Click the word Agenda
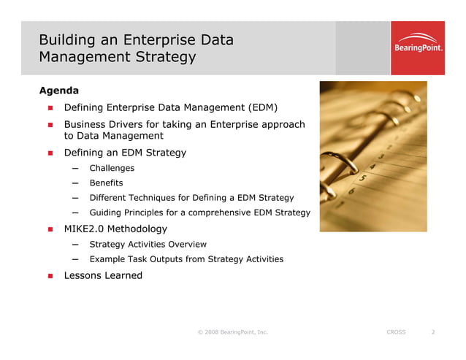pos(58,91)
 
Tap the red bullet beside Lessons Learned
pos(51,276)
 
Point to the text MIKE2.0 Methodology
pos(115,229)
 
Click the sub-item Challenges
pos(112,168)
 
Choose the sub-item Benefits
pos(106,183)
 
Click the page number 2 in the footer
pos(433,332)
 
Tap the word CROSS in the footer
pos(395,332)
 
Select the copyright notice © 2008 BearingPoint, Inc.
pos(232,332)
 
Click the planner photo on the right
pos(373,156)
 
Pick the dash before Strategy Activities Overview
pos(76,245)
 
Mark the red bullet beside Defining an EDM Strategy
pos(51,153)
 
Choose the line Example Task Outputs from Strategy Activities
pos(186,259)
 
